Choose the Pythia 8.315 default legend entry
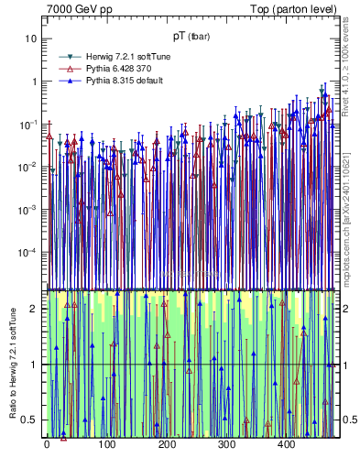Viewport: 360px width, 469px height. tap(117, 81)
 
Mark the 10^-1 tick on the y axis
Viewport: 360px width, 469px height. tap(30, 124)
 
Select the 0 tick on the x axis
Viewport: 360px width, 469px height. tap(46, 445)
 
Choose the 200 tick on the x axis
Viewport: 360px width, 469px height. tap(166, 445)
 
